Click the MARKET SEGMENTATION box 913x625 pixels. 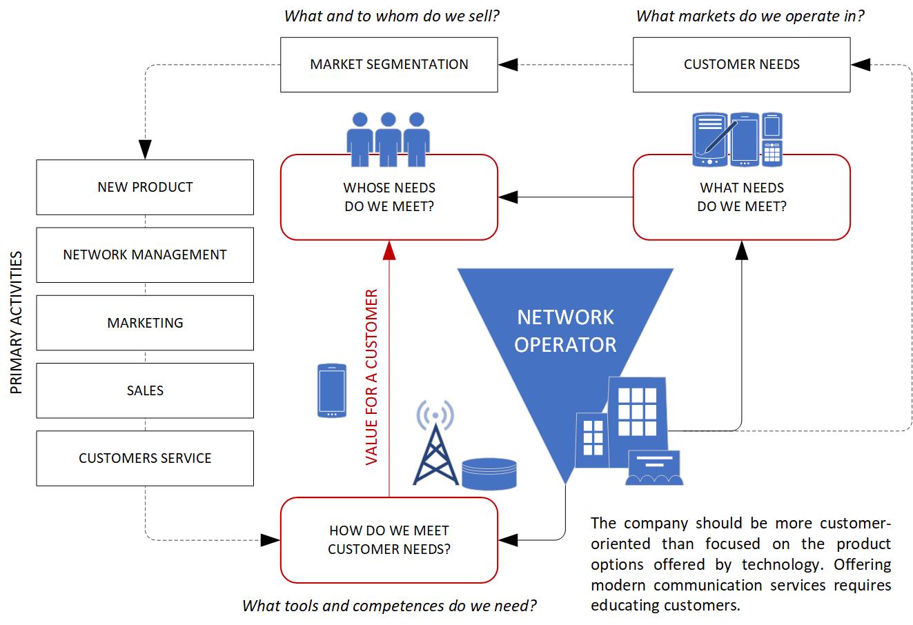point(389,65)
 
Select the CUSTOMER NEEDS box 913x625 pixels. point(741,65)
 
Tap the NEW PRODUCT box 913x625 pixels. point(145,187)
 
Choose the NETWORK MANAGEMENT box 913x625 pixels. point(145,255)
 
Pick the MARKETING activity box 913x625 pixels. point(145,323)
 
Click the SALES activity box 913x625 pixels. point(145,390)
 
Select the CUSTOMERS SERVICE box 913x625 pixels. point(145,458)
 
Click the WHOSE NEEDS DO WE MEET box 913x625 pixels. point(389,197)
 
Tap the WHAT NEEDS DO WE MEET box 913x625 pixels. point(741,197)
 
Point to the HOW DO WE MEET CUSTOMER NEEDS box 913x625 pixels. point(389,540)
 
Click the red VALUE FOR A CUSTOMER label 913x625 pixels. point(372,377)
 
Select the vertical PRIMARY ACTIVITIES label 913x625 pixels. point(17,323)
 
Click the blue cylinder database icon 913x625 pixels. point(489,473)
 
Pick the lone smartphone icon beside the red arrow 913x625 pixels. point(331,390)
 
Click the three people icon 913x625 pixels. point(388,139)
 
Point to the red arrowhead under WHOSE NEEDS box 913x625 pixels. point(389,250)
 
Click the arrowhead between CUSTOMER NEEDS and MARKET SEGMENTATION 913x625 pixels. point(508,65)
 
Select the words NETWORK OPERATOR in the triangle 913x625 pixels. point(565,330)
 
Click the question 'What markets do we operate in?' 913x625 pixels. point(749,16)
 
